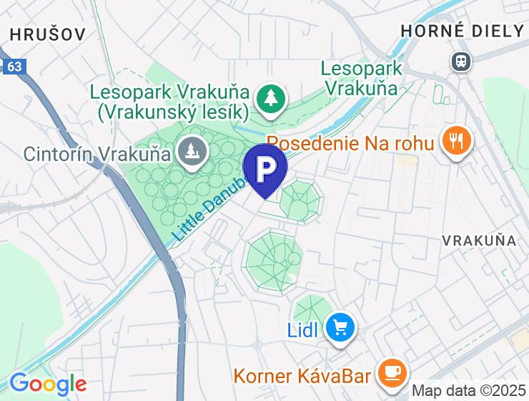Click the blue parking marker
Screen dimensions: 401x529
[265, 169]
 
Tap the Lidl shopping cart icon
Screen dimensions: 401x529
[340, 329]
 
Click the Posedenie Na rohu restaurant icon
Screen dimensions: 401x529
[456, 141]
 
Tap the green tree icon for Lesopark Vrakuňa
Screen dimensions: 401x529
[271, 102]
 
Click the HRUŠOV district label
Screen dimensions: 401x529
[48, 34]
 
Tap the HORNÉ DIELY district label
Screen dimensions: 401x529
[463, 31]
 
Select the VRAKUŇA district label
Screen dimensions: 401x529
[479, 240]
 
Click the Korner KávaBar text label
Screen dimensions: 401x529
[302, 376]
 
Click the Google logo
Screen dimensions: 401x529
[48, 385]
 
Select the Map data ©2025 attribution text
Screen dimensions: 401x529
[468, 391]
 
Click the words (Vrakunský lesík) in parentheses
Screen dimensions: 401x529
[173, 112]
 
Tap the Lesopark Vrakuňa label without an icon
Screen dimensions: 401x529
[361, 78]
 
